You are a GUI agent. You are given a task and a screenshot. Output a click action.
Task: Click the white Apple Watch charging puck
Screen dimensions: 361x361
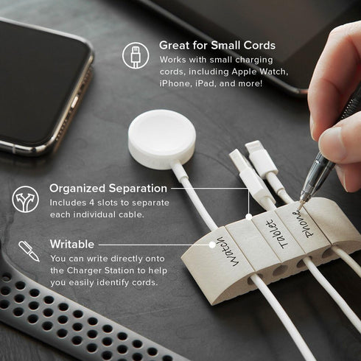coord(162,139)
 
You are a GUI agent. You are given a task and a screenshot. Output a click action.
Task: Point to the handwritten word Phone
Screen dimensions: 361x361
coord(303,223)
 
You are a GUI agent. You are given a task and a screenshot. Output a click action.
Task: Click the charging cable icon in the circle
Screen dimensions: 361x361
coord(136,55)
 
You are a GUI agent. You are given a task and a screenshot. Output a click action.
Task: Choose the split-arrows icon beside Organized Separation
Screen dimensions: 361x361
coord(25,199)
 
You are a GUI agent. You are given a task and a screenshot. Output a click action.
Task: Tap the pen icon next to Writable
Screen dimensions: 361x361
coord(29,251)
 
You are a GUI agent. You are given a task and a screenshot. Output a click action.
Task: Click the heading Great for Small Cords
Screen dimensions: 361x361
coord(217,45)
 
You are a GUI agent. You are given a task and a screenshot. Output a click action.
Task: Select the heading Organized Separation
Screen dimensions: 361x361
coord(108,189)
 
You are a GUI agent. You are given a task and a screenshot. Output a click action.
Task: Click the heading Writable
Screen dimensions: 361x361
coord(72,244)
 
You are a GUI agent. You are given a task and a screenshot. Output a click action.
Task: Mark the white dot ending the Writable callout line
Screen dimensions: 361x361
coord(212,245)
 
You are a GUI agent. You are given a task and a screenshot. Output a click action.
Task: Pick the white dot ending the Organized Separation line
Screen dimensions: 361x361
coord(249,217)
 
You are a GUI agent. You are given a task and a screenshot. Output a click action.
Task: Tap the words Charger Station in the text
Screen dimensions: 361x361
coord(101,270)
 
